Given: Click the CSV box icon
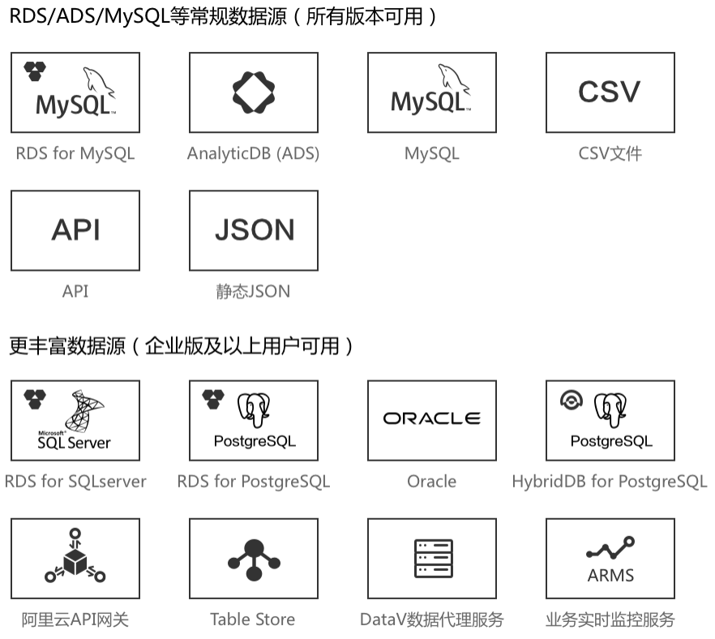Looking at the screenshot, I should (610, 92).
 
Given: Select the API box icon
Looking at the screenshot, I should (75, 230).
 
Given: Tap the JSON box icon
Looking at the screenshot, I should (254, 230).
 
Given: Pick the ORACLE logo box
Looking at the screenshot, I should (431, 419).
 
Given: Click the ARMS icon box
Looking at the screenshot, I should (610, 559).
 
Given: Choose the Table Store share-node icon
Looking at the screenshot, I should (254, 559).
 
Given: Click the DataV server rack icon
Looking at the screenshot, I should (431, 559).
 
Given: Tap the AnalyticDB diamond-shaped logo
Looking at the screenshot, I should (254, 92).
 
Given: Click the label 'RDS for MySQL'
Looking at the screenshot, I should (75, 153).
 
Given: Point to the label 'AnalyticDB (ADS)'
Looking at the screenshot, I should (253, 153).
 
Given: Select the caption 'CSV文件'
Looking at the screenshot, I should (610, 153).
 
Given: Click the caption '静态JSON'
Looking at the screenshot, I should (253, 291).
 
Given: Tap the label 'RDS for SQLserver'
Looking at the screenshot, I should (75, 481).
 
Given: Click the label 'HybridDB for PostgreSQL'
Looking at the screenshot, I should (610, 481).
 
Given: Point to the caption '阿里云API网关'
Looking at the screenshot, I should (75, 620).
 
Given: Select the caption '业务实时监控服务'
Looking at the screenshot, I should (610, 620).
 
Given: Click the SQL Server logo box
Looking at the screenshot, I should (75, 420).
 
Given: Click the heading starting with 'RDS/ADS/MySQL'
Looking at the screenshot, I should (223, 16).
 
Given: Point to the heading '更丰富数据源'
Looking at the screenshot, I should (182, 346).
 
